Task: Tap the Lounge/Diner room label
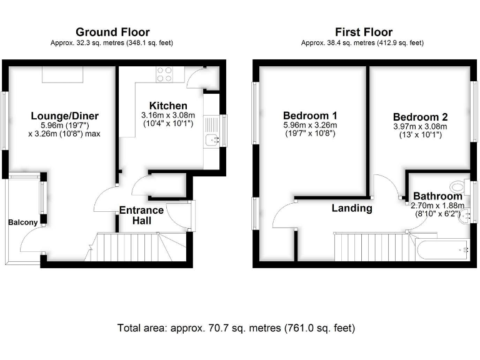pos(65,116)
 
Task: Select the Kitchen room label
pos(167,105)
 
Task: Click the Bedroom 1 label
pos(310,116)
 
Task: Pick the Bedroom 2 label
pos(420,117)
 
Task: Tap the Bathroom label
pos(438,195)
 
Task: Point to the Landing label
pos(352,208)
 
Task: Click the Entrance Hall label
pos(142,215)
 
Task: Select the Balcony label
pos(23,222)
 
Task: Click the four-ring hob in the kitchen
pos(164,74)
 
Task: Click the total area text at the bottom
pos(236,327)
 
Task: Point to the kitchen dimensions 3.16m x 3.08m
pos(167,115)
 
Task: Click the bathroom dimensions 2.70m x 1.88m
pos(438,205)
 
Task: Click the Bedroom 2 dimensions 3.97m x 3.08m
pos(420,127)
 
